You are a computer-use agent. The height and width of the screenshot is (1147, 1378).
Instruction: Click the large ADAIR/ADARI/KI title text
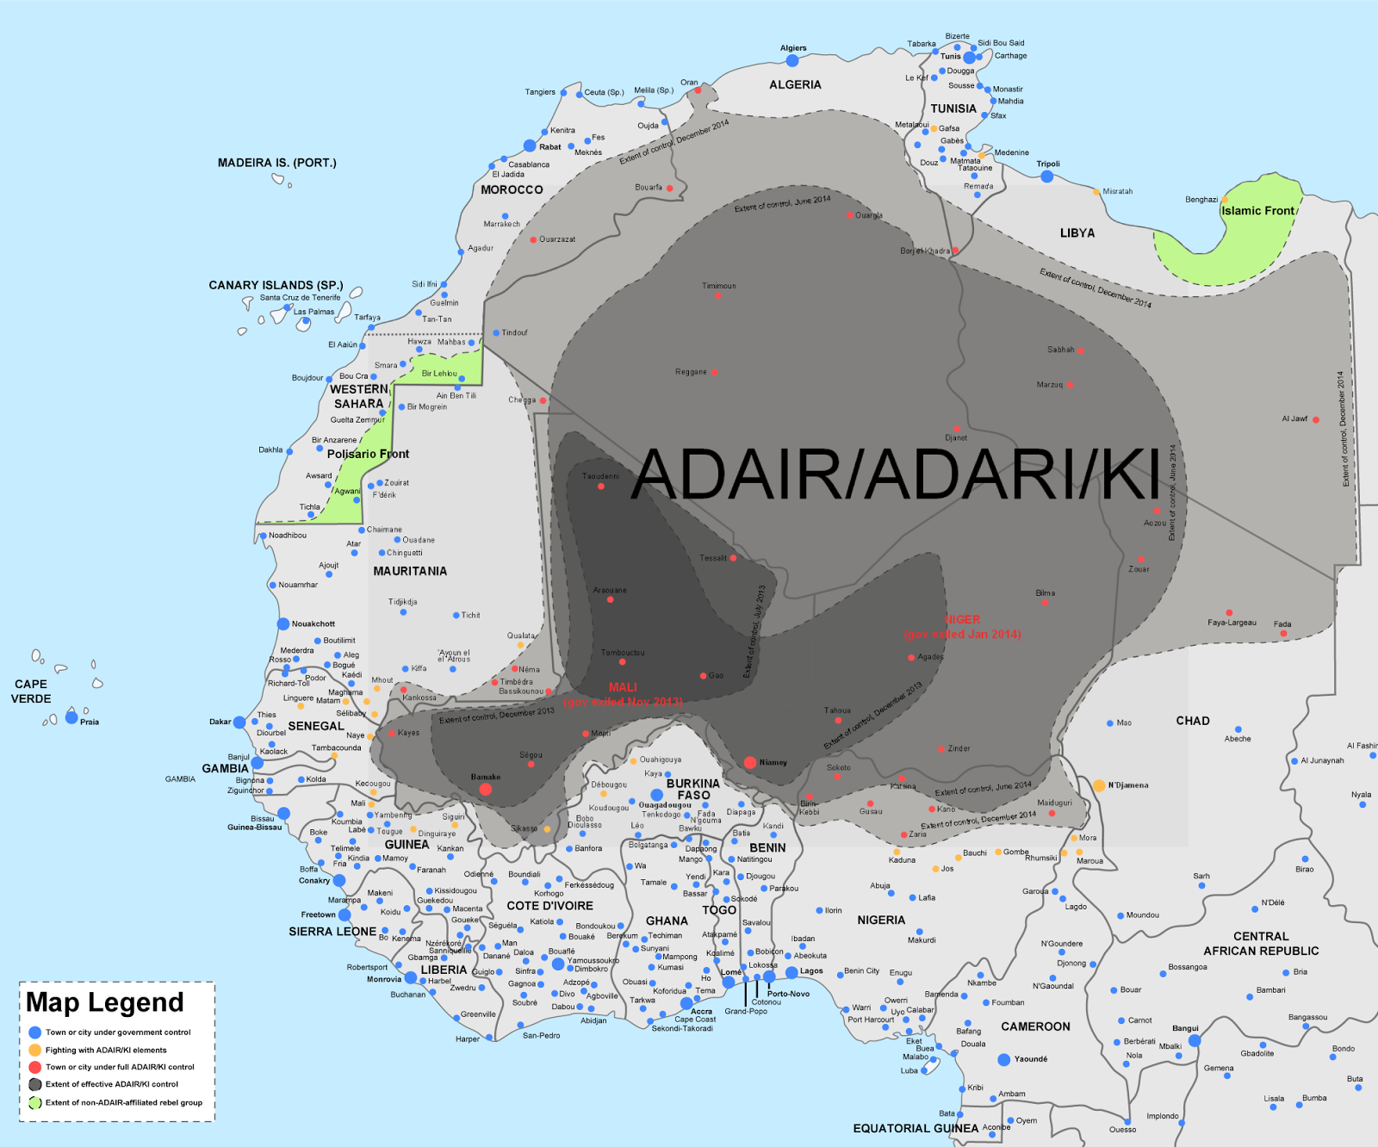click(x=896, y=474)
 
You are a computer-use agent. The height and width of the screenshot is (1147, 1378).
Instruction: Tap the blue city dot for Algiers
click(x=792, y=60)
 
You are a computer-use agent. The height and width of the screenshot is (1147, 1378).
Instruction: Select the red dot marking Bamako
click(x=486, y=789)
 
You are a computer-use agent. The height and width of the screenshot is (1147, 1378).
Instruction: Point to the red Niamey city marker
click(x=750, y=762)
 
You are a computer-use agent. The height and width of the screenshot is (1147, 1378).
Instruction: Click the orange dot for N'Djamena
click(x=1099, y=785)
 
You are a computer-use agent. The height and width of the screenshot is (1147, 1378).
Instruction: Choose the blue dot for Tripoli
click(x=1046, y=177)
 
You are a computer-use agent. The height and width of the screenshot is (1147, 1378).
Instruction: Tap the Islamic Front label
click(x=1258, y=211)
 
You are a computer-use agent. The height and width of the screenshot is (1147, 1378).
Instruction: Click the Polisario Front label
click(x=368, y=454)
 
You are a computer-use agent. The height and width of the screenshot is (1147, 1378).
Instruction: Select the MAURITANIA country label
click(x=410, y=571)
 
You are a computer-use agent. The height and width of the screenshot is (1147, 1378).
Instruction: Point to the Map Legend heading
click(x=104, y=1002)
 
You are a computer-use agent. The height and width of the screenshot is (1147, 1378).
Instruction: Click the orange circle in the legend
click(x=35, y=1050)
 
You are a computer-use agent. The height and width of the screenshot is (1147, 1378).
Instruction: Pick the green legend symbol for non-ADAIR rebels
click(x=35, y=1102)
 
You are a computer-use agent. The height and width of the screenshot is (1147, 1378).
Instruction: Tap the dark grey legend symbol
click(x=35, y=1084)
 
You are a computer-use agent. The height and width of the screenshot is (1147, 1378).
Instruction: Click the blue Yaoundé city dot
click(x=1003, y=1059)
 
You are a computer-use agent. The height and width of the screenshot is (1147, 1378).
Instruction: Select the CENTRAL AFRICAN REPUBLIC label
click(x=1261, y=944)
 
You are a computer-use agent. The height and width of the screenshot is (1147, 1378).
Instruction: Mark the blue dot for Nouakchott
click(x=283, y=623)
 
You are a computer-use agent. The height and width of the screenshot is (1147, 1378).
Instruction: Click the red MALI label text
click(x=623, y=687)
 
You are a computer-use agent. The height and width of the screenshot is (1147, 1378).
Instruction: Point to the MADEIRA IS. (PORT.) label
click(x=276, y=163)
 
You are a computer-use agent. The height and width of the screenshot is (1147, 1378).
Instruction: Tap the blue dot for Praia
click(x=71, y=717)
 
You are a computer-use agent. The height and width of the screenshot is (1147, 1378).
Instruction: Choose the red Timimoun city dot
click(x=717, y=295)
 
